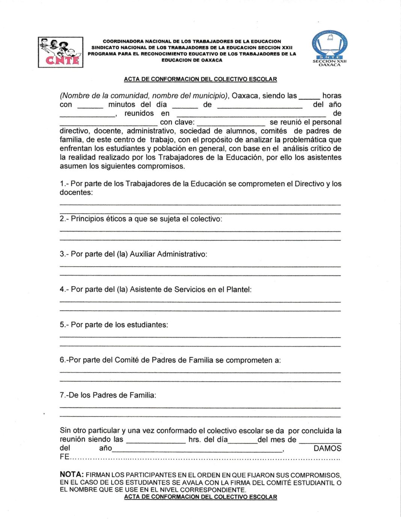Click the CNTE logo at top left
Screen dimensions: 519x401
(x=60, y=52)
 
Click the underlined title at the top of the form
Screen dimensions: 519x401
(x=200, y=79)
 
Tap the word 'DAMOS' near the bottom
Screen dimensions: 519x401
(x=327, y=448)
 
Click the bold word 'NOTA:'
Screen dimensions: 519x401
(x=71, y=475)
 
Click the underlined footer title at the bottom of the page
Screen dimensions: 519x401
(x=200, y=497)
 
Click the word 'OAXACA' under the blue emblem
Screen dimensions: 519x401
(x=329, y=65)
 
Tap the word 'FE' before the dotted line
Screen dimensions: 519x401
(x=64, y=457)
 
